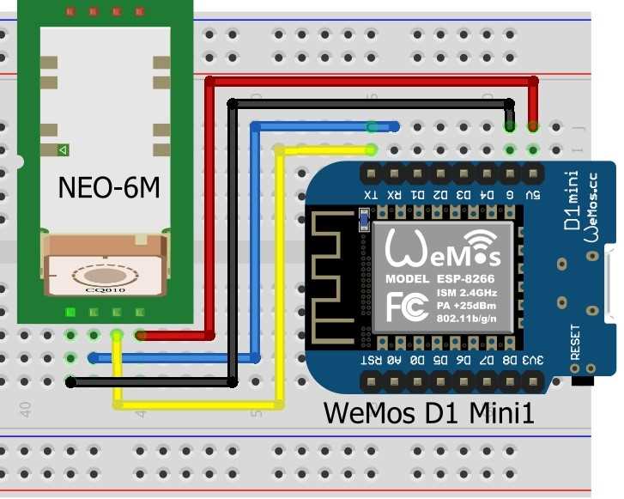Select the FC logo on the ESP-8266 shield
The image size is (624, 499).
(x=404, y=307)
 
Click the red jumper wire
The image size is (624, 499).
(x=369, y=81)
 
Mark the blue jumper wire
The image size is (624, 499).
(x=255, y=240)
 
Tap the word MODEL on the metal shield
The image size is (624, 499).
(x=408, y=280)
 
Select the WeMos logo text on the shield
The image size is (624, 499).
(x=443, y=249)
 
